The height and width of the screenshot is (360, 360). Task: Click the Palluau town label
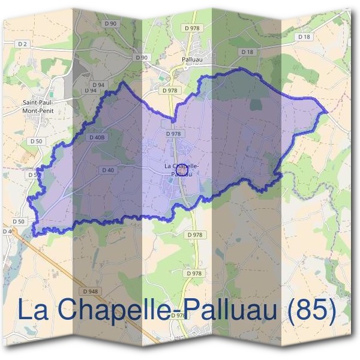click(x=191, y=59)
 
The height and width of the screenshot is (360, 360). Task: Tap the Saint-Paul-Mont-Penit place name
click(x=38, y=106)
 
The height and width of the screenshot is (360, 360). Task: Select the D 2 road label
click(x=23, y=44)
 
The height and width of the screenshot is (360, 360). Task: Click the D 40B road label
click(x=97, y=137)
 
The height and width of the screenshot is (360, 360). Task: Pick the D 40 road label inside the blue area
click(x=108, y=170)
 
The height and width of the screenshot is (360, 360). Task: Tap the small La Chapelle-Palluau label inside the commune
click(x=182, y=170)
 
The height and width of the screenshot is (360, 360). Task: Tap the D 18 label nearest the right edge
click(x=304, y=37)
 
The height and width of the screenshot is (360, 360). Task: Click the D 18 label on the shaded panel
click(x=247, y=52)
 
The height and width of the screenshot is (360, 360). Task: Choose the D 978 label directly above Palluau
click(x=192, y=28)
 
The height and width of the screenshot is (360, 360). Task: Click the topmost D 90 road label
click(x=110, y=23)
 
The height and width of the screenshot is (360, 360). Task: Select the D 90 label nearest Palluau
click(x=142, y=57)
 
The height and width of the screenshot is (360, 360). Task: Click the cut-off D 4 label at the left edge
click(x=6, y=231)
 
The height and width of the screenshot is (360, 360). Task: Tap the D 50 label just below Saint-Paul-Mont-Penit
click(x=35, y=140)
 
